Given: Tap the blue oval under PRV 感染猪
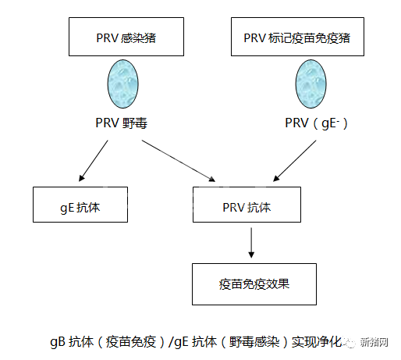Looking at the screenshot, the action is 123,84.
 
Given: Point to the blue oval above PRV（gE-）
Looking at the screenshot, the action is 311,84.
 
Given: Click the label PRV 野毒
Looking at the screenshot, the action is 122,123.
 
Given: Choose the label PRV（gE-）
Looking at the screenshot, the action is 316,123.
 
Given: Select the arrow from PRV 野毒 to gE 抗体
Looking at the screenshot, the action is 94,161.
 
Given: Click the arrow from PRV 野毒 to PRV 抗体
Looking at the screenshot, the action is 179,161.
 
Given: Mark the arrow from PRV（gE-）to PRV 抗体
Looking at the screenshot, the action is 295,161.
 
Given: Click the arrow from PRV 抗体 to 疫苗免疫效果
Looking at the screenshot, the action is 251,243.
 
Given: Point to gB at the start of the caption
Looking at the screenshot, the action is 58,342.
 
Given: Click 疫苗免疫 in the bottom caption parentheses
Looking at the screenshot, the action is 131,342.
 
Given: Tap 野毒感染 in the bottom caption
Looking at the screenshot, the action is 254,342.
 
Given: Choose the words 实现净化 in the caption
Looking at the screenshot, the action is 317,342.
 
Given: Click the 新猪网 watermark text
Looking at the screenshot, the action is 374,342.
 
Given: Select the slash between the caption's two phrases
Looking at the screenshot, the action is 171,342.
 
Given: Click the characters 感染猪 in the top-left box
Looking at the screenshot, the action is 138,38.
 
